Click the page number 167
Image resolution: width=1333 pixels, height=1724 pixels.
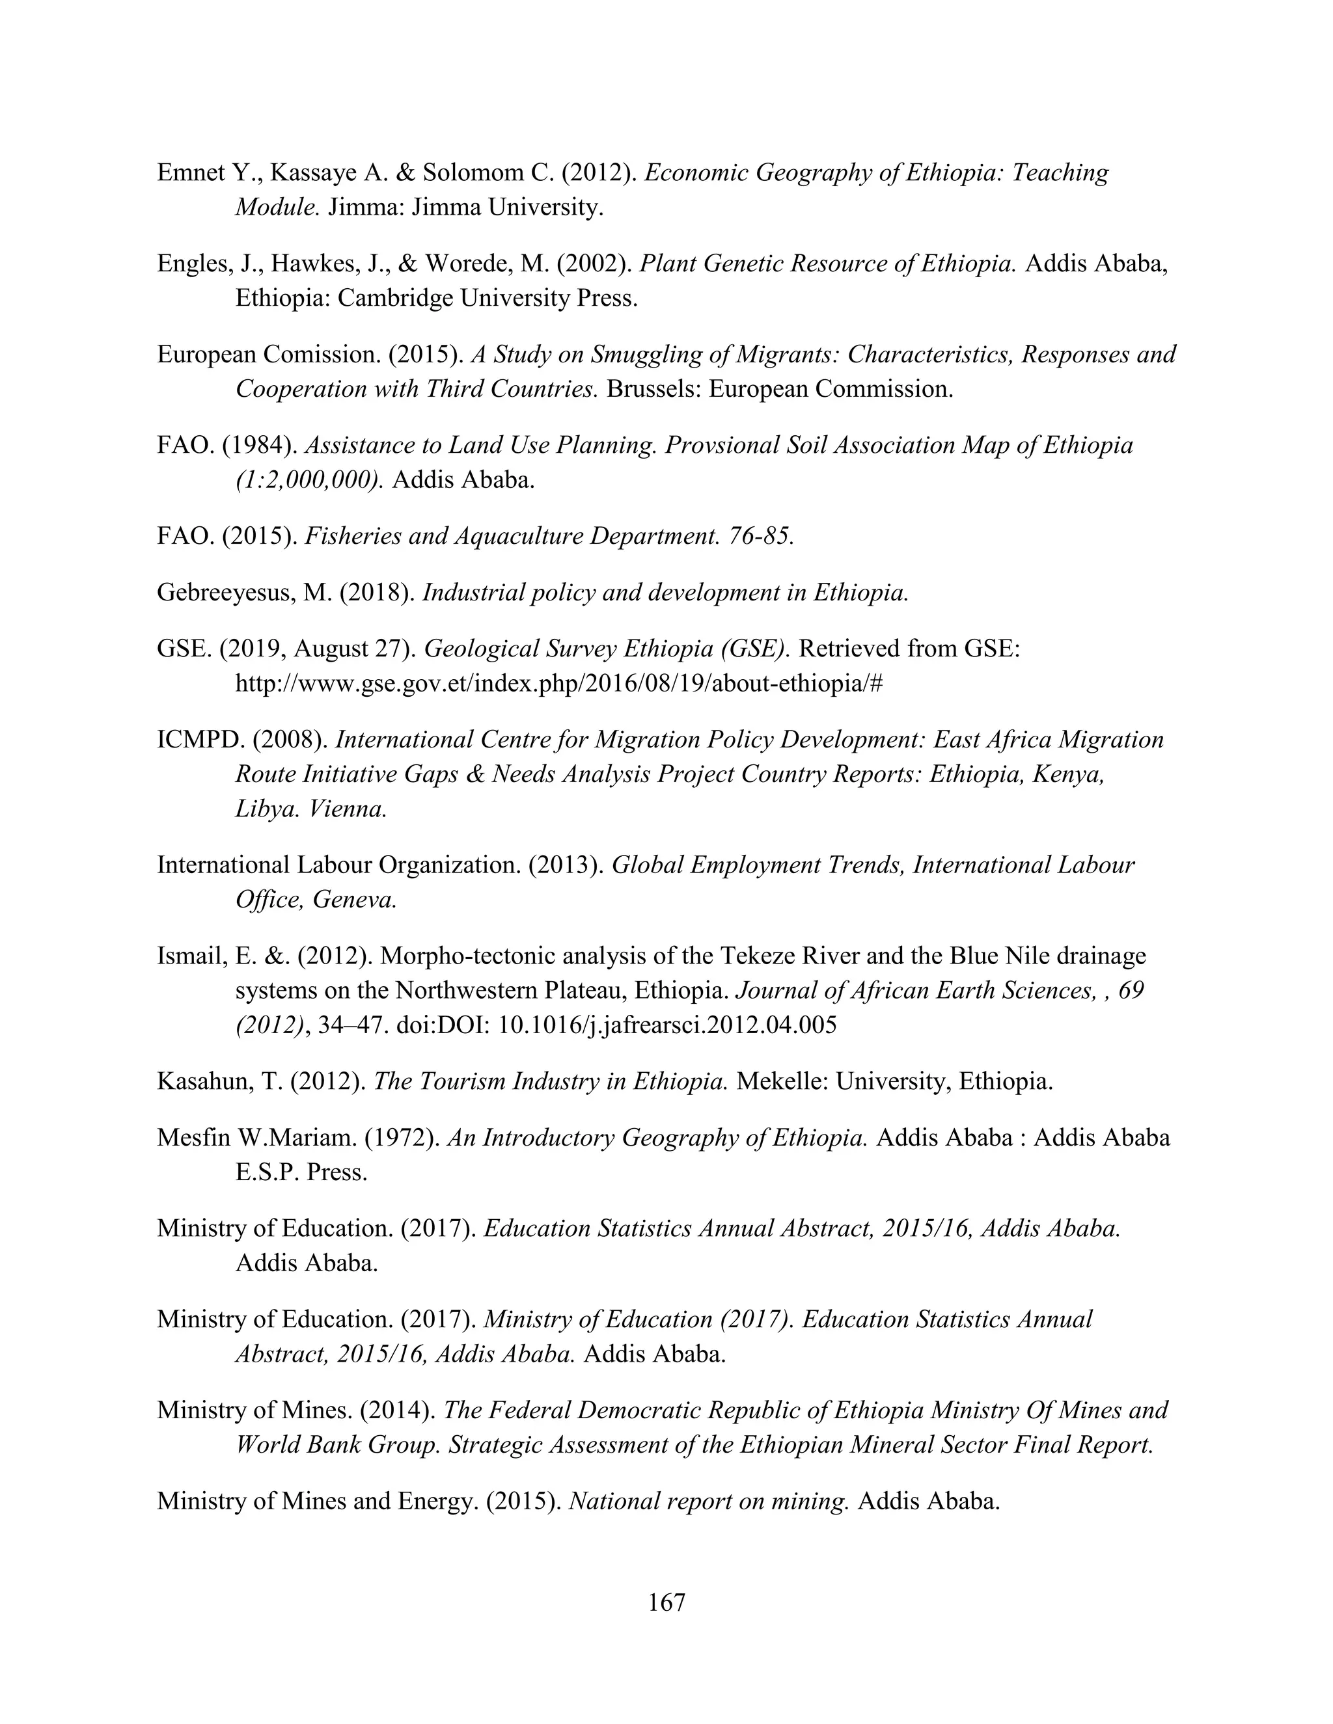pos(666,1602)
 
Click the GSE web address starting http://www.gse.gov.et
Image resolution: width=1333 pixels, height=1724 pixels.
pos(558,683)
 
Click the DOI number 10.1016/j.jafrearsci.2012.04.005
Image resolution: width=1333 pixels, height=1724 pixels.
pos(667,1025)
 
